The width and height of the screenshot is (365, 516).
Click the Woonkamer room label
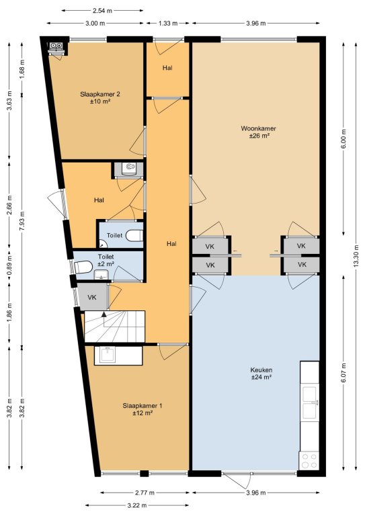point(258,128)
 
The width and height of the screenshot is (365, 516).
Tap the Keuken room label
point(261,370)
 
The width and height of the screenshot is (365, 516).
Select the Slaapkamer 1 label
point(143,406)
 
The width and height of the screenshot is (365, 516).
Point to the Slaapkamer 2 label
point(100,94)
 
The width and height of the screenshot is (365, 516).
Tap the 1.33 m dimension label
point(168,24)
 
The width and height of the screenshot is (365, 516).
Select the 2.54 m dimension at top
point(102,11)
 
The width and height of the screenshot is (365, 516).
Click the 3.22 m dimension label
point(137,505)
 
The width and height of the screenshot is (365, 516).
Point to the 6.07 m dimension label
point(343,373)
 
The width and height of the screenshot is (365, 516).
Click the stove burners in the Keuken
point(309,461)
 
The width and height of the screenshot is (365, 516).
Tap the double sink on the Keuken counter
point(310,402)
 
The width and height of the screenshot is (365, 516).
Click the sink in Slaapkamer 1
point(108,355)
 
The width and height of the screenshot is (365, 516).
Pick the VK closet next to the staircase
point(93,297)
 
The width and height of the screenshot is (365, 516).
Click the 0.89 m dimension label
point(9,265)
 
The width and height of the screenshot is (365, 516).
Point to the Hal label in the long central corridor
point(171,244)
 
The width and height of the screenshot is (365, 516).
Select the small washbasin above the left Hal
point(128,168)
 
